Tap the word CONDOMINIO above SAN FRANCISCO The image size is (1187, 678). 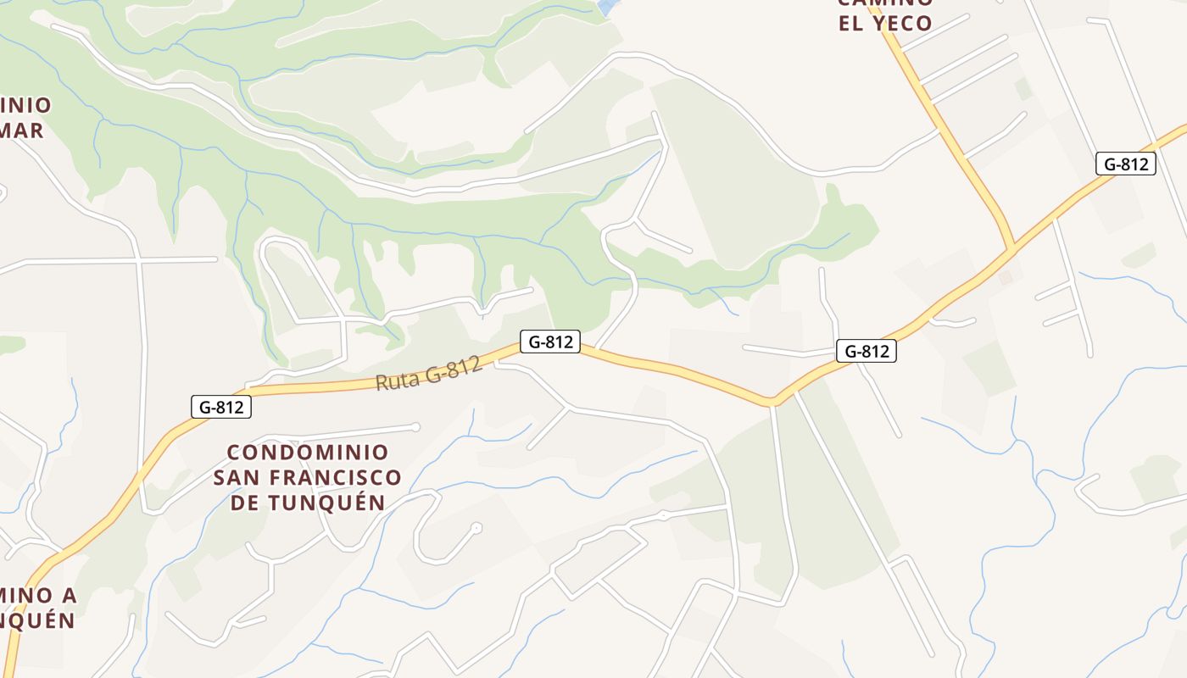click(308, 453)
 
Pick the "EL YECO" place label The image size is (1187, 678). click(885, 23)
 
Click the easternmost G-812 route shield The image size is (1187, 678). click(1126, 164)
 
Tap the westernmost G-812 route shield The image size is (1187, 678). click(221, 407)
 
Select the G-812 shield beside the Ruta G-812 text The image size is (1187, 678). click(550, 342)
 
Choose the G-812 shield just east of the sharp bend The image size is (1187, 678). click(867, 351)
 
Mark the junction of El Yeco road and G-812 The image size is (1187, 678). click(1011, 250)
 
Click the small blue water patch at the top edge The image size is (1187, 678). click(605, 7)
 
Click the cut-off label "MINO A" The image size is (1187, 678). click(38, 595)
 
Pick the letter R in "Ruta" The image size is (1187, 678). click(383, 383)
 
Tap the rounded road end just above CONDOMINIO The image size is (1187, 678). click(415, 426)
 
